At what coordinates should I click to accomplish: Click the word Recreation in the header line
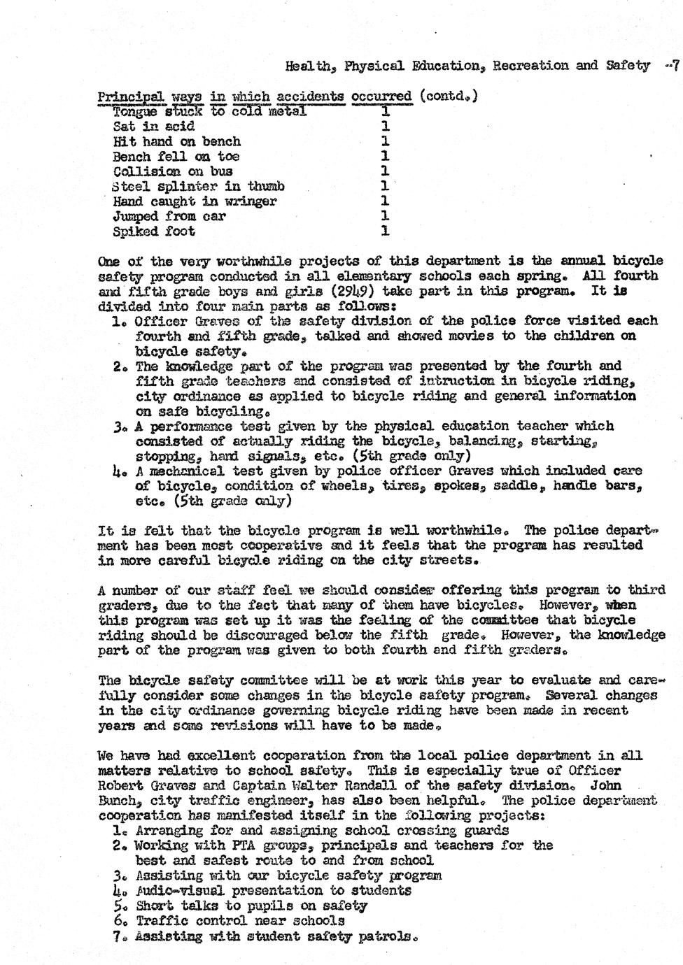point(530,66)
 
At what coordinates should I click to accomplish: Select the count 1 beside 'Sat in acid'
point(385,127)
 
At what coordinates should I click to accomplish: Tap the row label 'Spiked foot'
point(154,231)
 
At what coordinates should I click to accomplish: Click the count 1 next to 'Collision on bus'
point(385,171)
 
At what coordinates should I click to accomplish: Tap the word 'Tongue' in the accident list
point(136,111)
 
